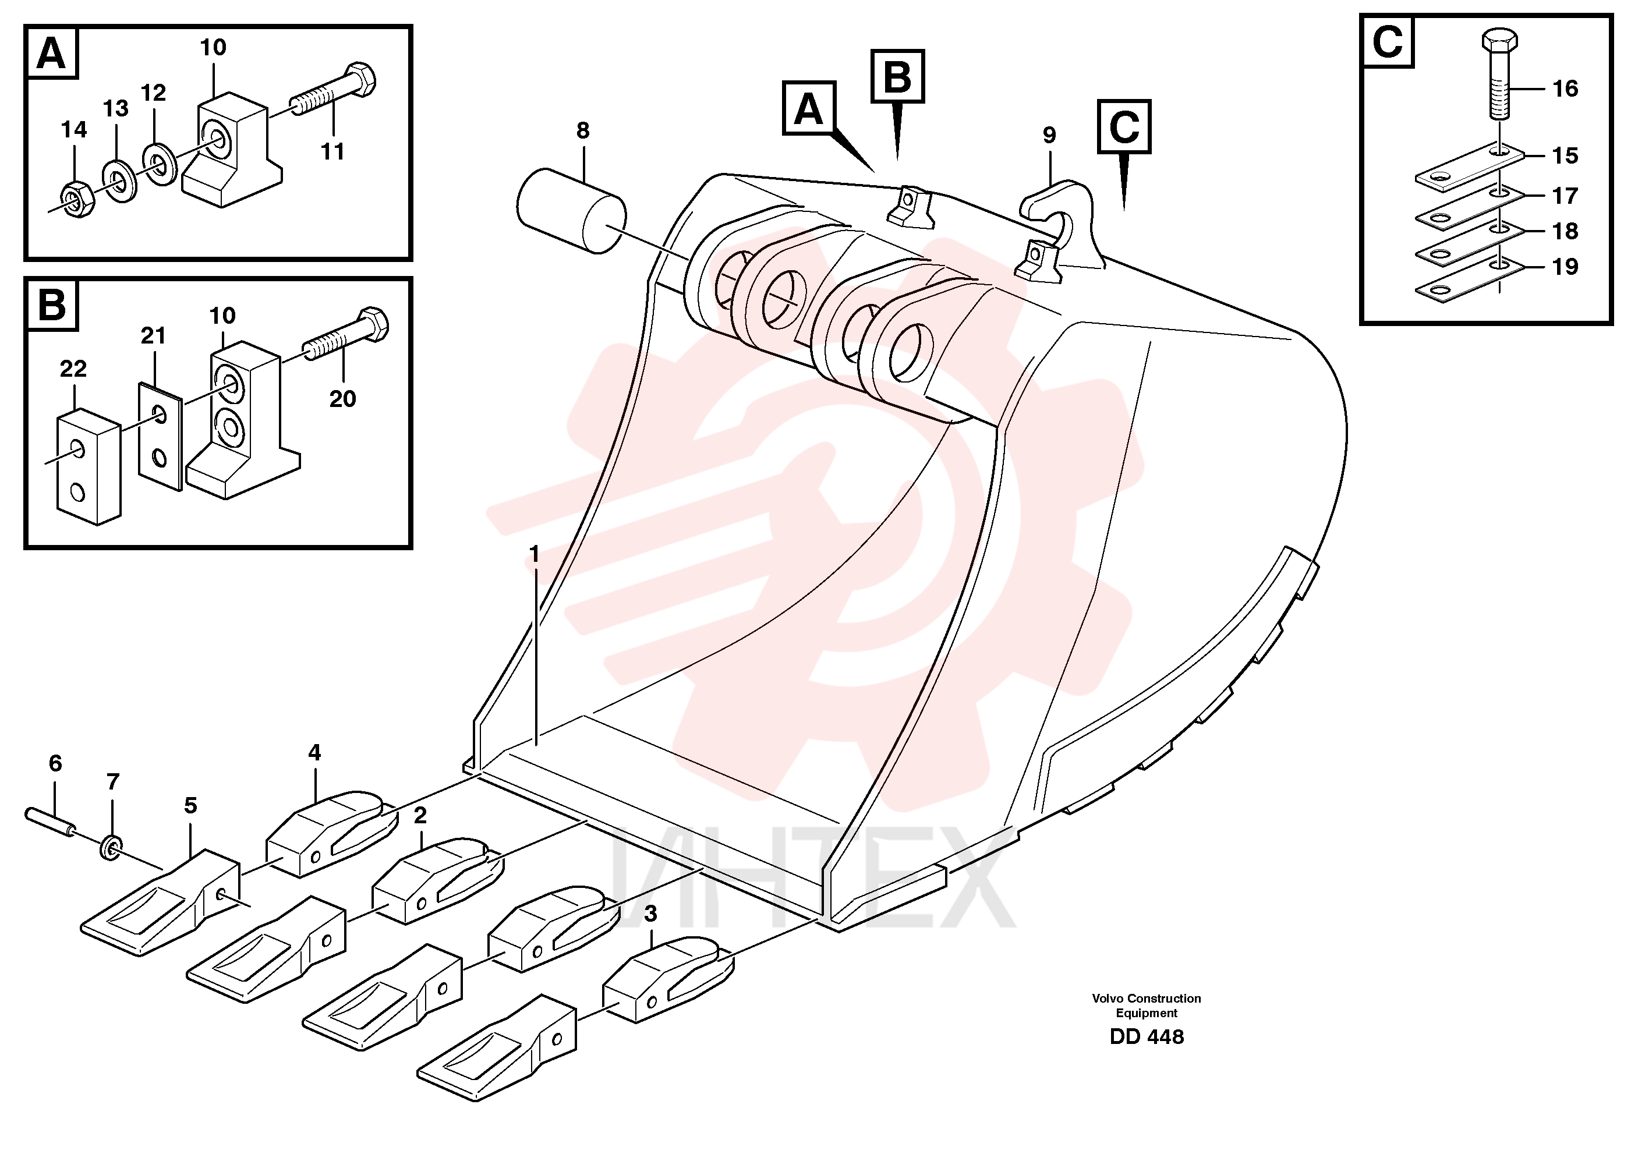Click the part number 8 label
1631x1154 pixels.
click(582, 131)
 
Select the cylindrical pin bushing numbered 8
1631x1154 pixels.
click(571, 210)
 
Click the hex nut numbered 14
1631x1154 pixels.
click(77, 200)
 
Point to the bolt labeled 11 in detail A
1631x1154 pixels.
click(333, 93)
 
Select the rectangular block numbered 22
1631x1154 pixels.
click(88, 467)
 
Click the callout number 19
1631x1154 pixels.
click(1565, 267)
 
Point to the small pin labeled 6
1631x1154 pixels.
click(51, 822)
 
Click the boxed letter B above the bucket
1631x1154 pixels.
click(897, 76)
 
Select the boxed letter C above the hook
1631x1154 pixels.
click(1124, 126)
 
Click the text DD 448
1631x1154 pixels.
click(1147, 1037)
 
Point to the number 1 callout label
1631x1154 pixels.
click(535, 554)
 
